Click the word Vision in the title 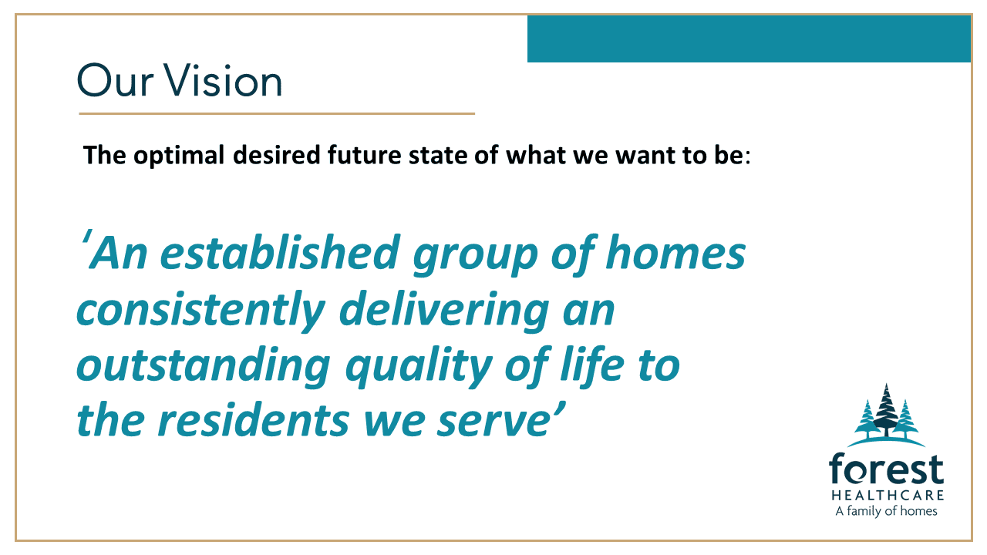[x=224, y=80]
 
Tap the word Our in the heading [x=115, y=81]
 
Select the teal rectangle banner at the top [x=749, y=39]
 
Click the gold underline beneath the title [x=277, y=113]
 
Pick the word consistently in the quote [x=201, y=311]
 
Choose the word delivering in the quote [x=444, y=311]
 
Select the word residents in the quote [x=254, y=420]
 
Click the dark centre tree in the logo [x=886, y=412]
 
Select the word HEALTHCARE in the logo [x=888, y=495]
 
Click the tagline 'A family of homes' [x=886, y=511]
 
